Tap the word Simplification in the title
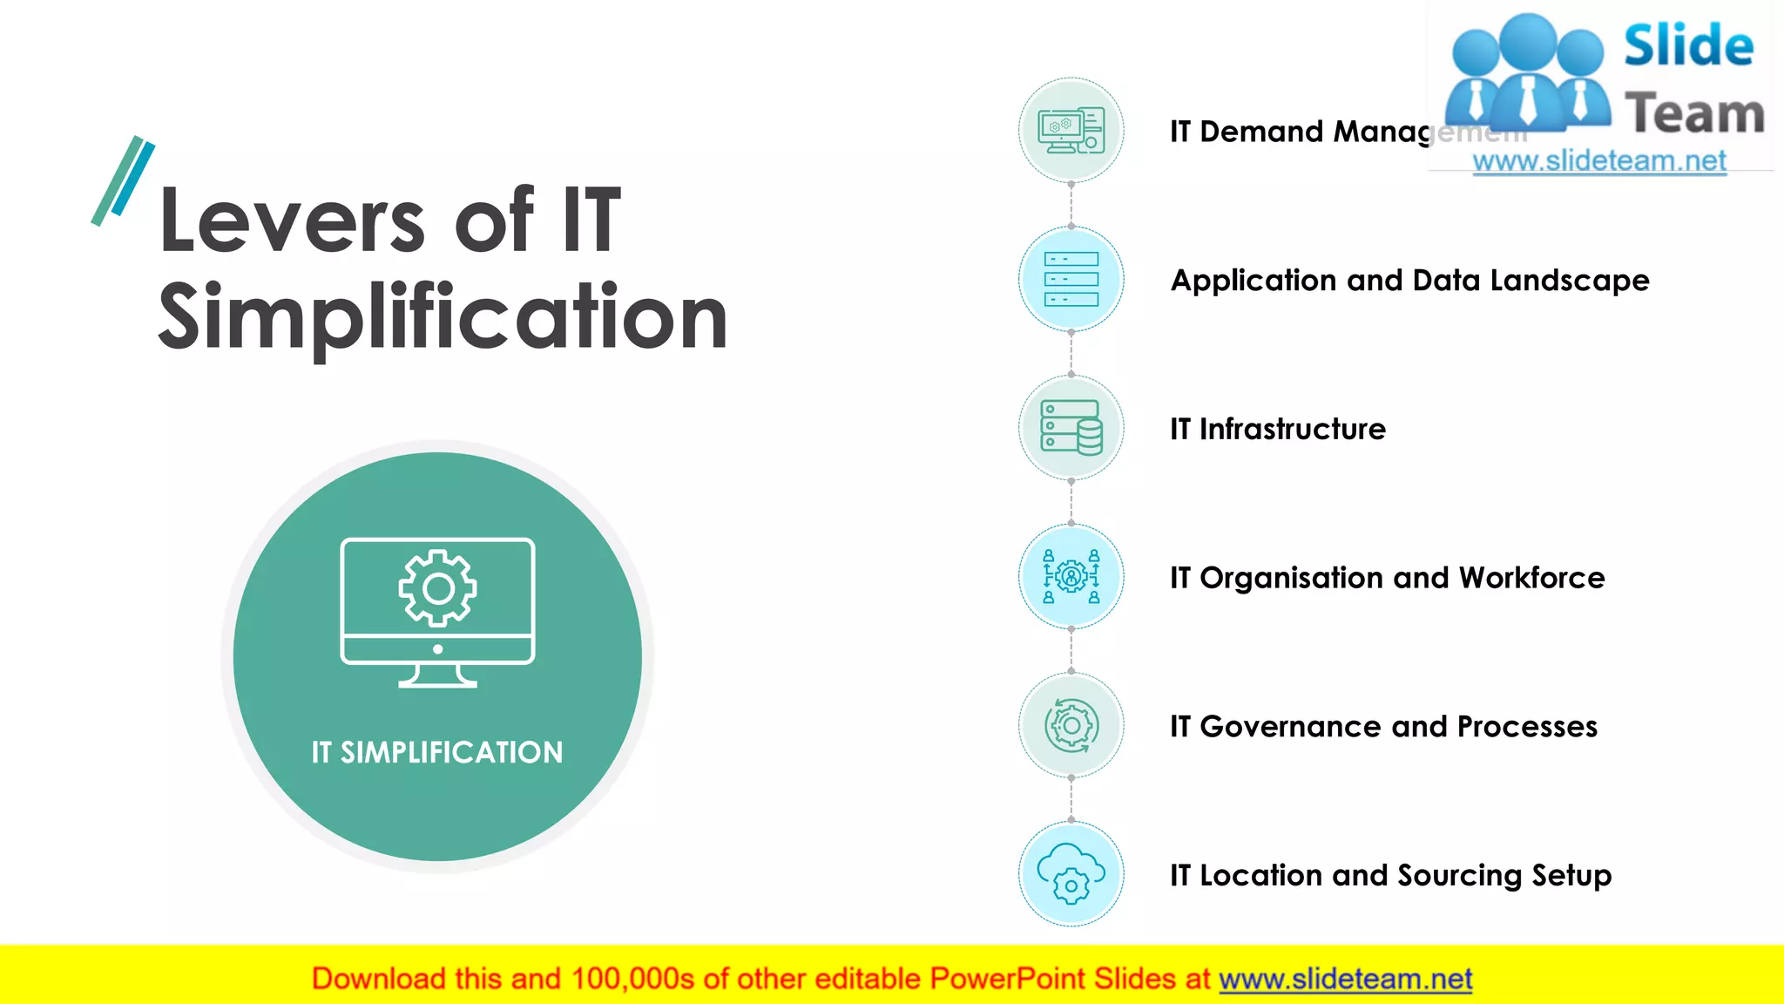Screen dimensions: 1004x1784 [x=443, y=318]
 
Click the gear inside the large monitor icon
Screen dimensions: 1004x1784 [x=437, y=588]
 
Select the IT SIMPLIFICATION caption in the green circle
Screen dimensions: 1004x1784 [x=437, y=752]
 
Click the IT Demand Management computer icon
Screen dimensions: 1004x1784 [x=1071, y=131]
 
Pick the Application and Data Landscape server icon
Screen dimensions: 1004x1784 [x=1071, y=279]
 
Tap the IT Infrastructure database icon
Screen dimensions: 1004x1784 [x=1071, y=428]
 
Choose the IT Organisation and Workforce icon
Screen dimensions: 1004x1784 [x=1071, y=576]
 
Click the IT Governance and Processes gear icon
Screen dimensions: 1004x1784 [x=1071, y=725]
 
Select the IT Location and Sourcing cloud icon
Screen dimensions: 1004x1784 [x=1071, y=873]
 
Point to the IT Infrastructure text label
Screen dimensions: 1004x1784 [x=1277, y=429]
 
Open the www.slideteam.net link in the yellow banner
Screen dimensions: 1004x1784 [x=1345, y=980]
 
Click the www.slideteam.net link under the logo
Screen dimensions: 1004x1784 [x=1599, y=160]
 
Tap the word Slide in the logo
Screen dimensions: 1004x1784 [x=1688, y=45]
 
